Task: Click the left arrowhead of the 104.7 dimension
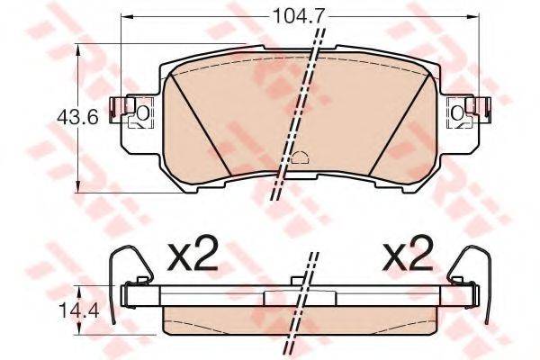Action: [x=125, y=16]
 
